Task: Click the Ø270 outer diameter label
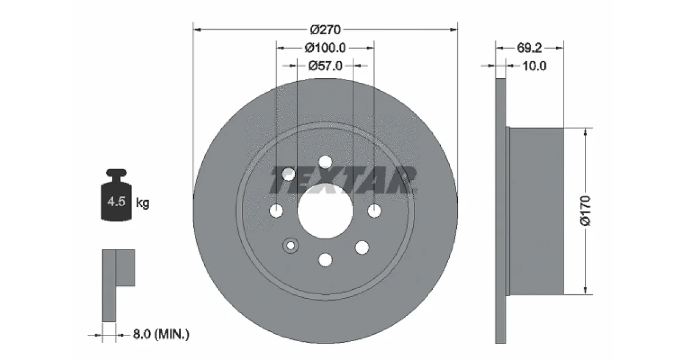click(325, 30)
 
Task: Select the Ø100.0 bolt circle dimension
click(325, 48)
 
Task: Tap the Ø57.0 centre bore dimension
click(325, 66)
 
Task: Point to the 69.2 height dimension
click(529, 48)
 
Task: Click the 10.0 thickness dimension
click(534, 66)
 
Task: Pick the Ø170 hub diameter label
click(585, 211)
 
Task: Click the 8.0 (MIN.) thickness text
click(161, 334)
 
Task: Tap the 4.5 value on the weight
click(117, 202)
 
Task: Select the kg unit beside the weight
click(142, 203)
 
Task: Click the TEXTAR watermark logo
click(343, 181)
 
